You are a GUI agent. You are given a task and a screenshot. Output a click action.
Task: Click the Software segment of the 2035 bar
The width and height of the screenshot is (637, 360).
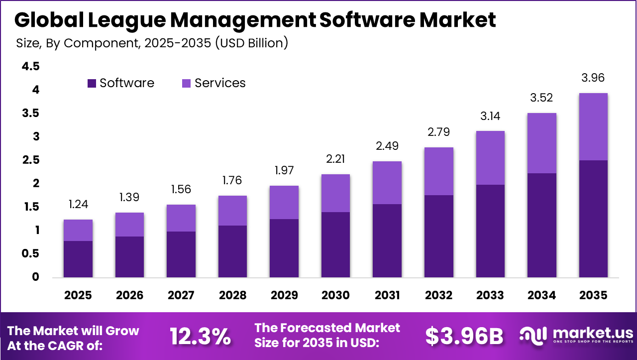pyautogui.click(x=593, y=219)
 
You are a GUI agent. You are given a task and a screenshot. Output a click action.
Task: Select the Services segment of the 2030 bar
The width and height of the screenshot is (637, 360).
pyautogui.click(x=335, y=193)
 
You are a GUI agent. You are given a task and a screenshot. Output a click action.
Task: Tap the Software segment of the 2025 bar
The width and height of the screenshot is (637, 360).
pyautogui.click(x=78, y=259)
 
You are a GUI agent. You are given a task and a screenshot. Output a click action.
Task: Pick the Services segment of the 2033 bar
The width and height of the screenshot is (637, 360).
pyautogui.click(x=490, y=158)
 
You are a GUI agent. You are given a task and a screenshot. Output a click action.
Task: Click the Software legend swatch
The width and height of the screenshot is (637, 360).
pyautogui.click(x=92, y=83)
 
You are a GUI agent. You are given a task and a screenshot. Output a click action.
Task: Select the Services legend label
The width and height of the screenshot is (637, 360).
pyautogui.click(x=220, y=83)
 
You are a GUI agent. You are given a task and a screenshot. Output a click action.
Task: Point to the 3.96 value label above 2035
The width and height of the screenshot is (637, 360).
pyautogui.click(x=593, y=78)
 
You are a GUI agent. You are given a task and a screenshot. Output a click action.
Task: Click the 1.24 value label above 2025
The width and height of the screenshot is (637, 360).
pyautogui.click(x=78, y=205)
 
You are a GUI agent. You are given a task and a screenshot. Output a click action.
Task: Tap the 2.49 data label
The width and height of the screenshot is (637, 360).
pyautogui.click(x=387, y=146)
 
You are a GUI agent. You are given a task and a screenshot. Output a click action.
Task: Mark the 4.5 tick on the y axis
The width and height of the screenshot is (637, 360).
pyautogui.click(x=31, y=67)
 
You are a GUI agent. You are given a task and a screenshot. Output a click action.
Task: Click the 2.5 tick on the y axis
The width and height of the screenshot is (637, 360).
pyautogui.click(x=31, y=160)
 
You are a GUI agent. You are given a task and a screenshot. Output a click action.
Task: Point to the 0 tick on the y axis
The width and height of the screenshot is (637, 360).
pyautogui.click(x=35, y=277)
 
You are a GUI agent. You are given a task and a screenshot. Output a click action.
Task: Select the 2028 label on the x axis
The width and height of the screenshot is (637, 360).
pyautogui.click(x=232, y=295)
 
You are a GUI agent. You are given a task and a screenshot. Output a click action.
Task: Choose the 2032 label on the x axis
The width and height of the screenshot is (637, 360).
pyautogui.click(x=438, y=295)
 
